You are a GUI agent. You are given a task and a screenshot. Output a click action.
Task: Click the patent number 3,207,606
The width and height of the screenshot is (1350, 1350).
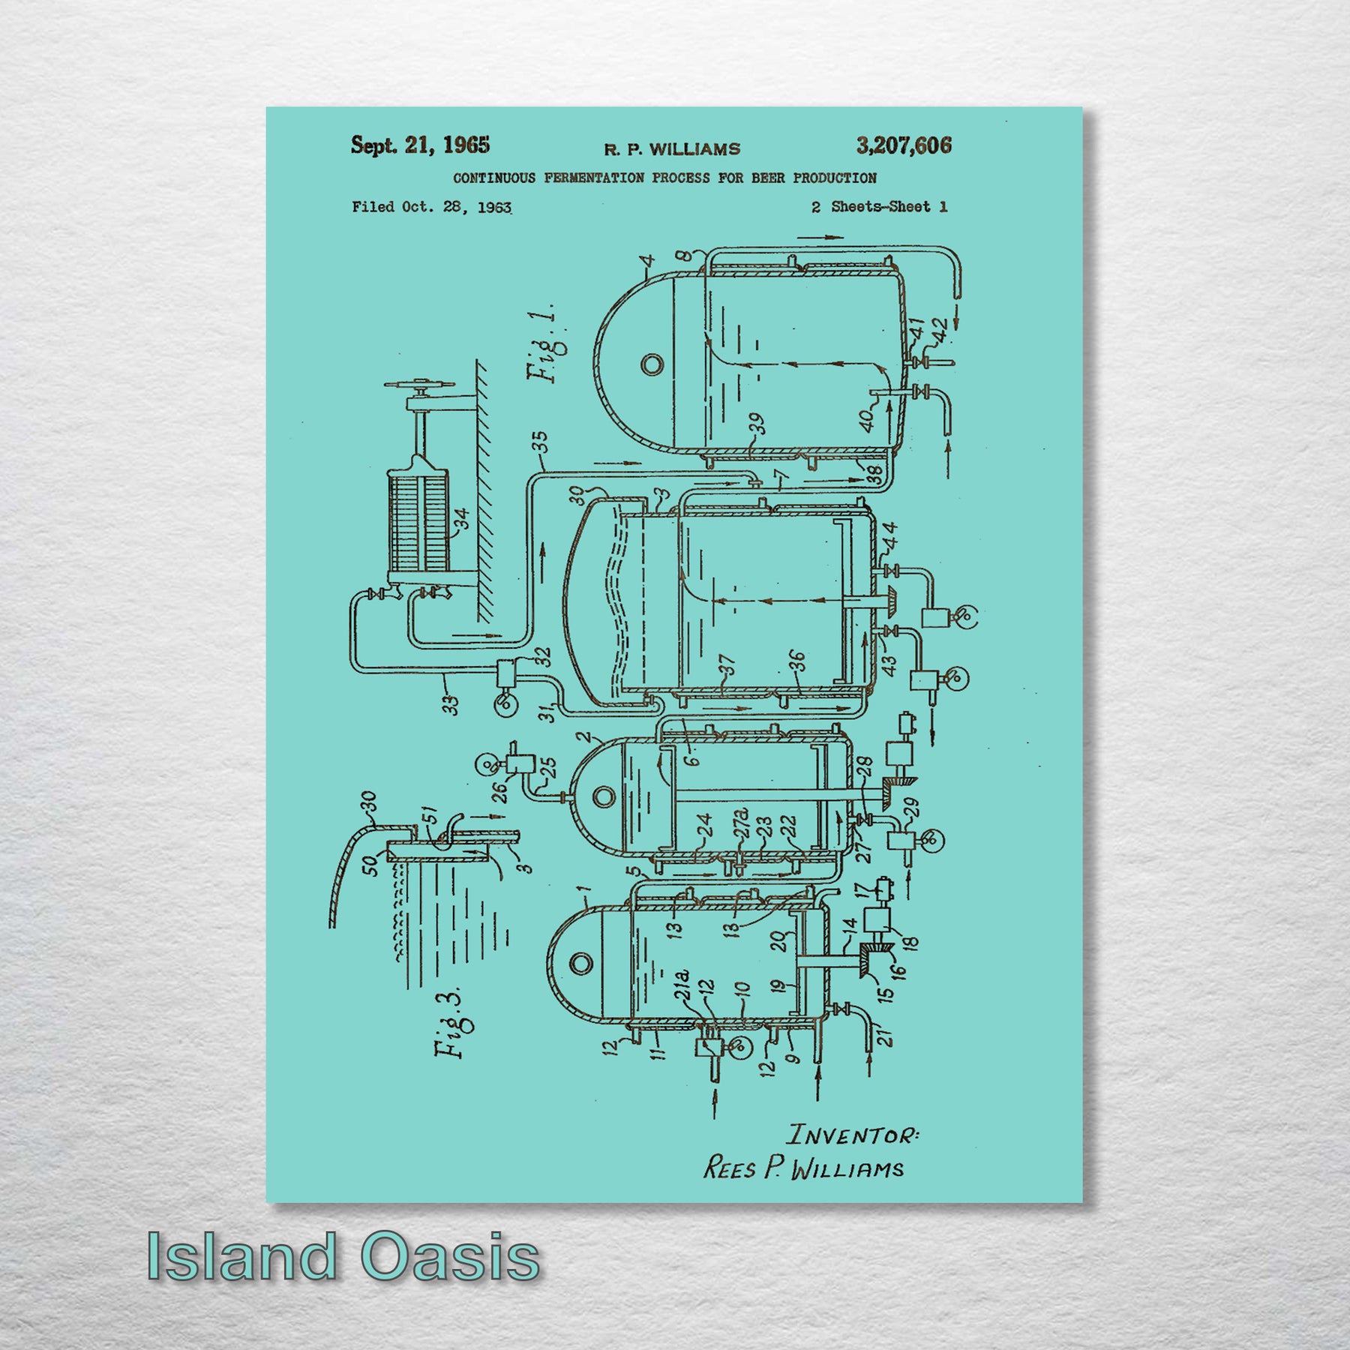pyautogui.click(x=904, y=145)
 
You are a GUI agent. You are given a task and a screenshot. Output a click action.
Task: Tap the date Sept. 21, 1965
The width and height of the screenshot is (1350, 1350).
pyautogui.click(x=420, y=145)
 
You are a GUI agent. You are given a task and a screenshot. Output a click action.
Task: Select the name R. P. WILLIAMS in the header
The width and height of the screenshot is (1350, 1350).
pyautogui.click(x=672, y=149)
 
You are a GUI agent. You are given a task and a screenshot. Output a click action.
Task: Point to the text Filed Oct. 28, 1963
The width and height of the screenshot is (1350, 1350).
pyautogui.click(x=432, y=207)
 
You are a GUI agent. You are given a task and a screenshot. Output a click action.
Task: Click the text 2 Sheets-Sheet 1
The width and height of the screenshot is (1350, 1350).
pyautogui.click(x=879, y=207)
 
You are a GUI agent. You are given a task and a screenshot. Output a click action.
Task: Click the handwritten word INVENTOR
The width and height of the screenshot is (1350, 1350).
pyautogui.click(x=855, y=1134)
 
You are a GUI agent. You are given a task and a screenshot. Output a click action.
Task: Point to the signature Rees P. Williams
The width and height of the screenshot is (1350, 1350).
pyautogui.click(x=803, y=1168)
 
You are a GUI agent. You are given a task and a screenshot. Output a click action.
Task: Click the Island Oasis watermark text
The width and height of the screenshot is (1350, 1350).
pyautogui.click(x=343, y=1257)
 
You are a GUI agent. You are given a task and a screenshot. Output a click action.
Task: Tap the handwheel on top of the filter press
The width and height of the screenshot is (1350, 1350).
pyautogui.click(x=420, y=386)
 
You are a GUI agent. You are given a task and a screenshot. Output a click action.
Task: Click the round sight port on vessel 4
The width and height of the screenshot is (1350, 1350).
pyautogui.click(x=652, y=365)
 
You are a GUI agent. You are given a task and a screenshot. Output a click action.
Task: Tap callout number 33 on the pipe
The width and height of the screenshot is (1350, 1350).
pyautogui.click(x=450, y=705)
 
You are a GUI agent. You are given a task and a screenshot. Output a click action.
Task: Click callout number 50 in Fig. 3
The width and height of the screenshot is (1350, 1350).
pyautogui.click(x=370, y=865)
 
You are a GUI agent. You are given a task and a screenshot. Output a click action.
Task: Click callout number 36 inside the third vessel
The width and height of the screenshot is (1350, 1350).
pyautogui.click(x=797, y=662)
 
